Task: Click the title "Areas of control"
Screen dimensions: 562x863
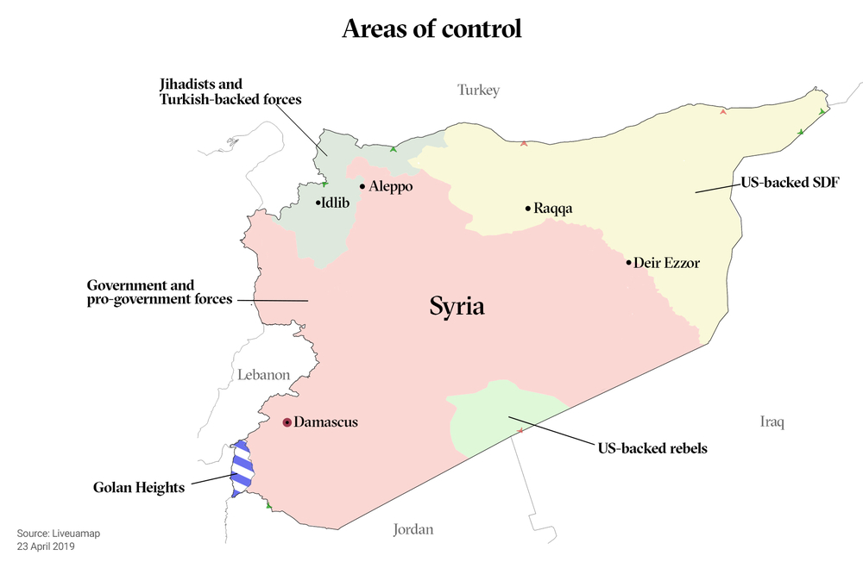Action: click(x=431, y=28)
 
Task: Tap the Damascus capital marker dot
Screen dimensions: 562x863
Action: click(x=287, y=422)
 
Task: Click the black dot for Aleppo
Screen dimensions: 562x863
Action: click(x=362, y=186)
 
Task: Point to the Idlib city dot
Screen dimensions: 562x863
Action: click(x=318, y=203)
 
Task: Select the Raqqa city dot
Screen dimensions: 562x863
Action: click(x=527, y=209)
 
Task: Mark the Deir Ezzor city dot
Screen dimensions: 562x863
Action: click(x=628, y=262)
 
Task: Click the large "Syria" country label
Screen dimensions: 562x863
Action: click(x=457, y=306)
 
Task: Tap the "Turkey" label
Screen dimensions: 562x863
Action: click(x=478, y=90)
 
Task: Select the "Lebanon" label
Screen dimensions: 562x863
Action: click(x=263, y=375)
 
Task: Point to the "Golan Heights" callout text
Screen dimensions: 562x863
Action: click(x=138, y=488)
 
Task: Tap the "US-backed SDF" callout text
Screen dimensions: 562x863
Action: click(x=791, y=183)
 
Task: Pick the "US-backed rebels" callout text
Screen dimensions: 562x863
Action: click(x=652, y=448)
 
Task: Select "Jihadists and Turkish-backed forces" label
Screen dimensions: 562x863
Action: click(x=230, y=92)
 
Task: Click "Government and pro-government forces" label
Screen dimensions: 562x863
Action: click(x=160, y=292)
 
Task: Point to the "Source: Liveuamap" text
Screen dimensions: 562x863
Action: click(x=58, y=534)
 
